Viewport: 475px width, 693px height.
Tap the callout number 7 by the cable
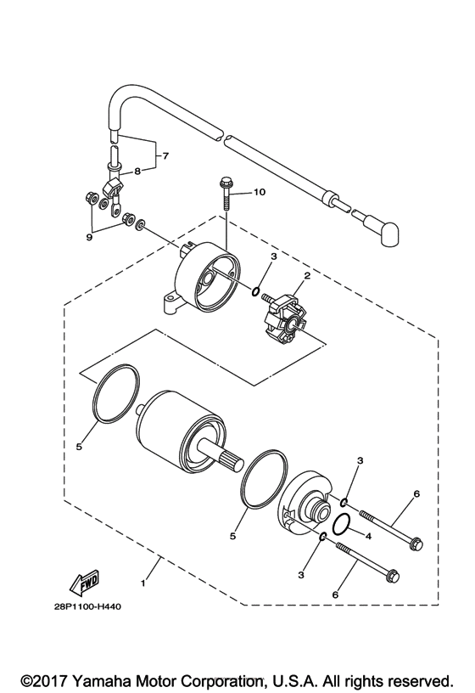166,156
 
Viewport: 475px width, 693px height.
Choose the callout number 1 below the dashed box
143,583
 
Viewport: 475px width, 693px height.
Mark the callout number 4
368,536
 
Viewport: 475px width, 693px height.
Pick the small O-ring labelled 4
342,526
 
